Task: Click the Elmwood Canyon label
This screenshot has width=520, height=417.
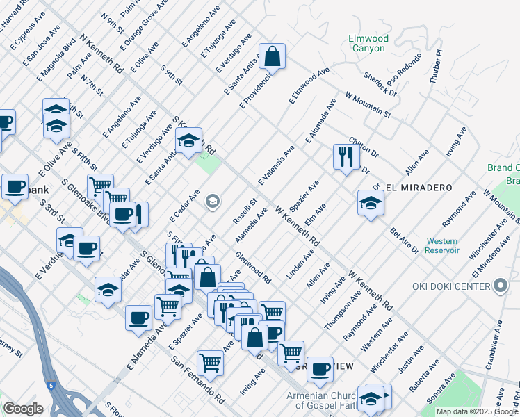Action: click(x=368, y=43)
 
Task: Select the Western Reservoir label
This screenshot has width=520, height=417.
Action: click(x=442, y=244)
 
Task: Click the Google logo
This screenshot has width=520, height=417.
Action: click(x=23, y=408)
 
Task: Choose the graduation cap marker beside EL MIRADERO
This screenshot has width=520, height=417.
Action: click(x=371, y=203)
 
